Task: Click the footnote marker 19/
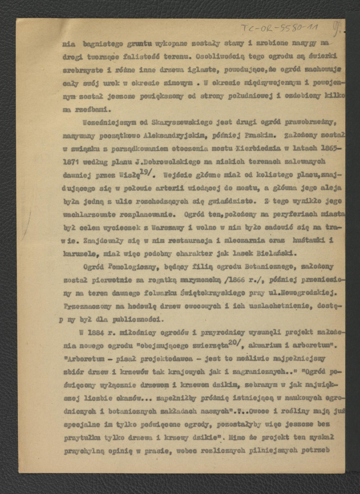click(145, 166)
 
